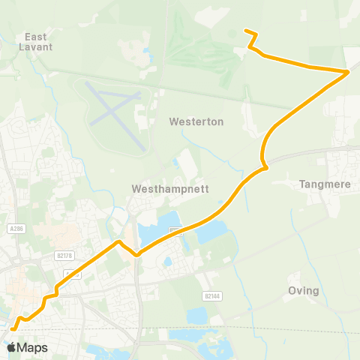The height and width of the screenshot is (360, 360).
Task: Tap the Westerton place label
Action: click(192, 121)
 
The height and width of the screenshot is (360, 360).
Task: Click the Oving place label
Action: click(304, 291)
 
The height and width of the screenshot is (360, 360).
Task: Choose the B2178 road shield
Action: click(65, 256)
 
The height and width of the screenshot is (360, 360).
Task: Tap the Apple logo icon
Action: click(11, 347)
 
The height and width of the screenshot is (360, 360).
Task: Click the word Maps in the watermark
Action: click(32, 347)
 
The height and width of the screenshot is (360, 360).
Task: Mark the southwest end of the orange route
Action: click(13, 328)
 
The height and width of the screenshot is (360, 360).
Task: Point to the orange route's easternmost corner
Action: click(348, 72)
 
